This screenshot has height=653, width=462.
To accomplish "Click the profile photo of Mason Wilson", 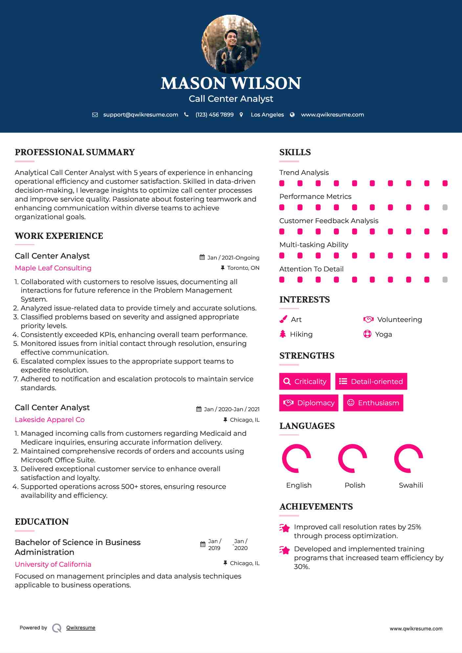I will [231, 44].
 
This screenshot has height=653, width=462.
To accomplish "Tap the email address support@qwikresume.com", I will [141, 115].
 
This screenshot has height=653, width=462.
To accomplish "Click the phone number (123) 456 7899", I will [214, 115].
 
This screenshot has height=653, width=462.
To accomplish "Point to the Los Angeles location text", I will [267, 115].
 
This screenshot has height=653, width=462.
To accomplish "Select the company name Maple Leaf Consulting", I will [53, 268].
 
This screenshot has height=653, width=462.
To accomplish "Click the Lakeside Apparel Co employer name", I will [50, 420].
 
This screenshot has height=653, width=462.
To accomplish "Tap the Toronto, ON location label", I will [243, 268].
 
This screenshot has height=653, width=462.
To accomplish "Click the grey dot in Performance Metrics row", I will [445, 207].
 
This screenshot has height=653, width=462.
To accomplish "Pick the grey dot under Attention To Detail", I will [445, 280].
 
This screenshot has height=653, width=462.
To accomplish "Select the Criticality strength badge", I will [305, 381].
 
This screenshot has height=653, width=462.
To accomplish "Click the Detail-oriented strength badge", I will [371, 381].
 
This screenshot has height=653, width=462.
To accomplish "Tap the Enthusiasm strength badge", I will [373, 403].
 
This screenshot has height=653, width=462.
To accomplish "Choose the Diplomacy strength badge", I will [309, 403].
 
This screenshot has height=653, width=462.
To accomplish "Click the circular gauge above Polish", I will [352, 458].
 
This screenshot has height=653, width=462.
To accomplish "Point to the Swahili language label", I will [411, 485].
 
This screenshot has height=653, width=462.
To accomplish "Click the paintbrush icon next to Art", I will [283, 319].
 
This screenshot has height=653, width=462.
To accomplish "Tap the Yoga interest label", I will [383, 334].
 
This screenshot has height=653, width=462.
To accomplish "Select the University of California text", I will [53, 564].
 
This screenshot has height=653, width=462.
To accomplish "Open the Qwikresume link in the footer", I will [81, 628].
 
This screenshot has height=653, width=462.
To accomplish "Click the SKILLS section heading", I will [295, 152].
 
